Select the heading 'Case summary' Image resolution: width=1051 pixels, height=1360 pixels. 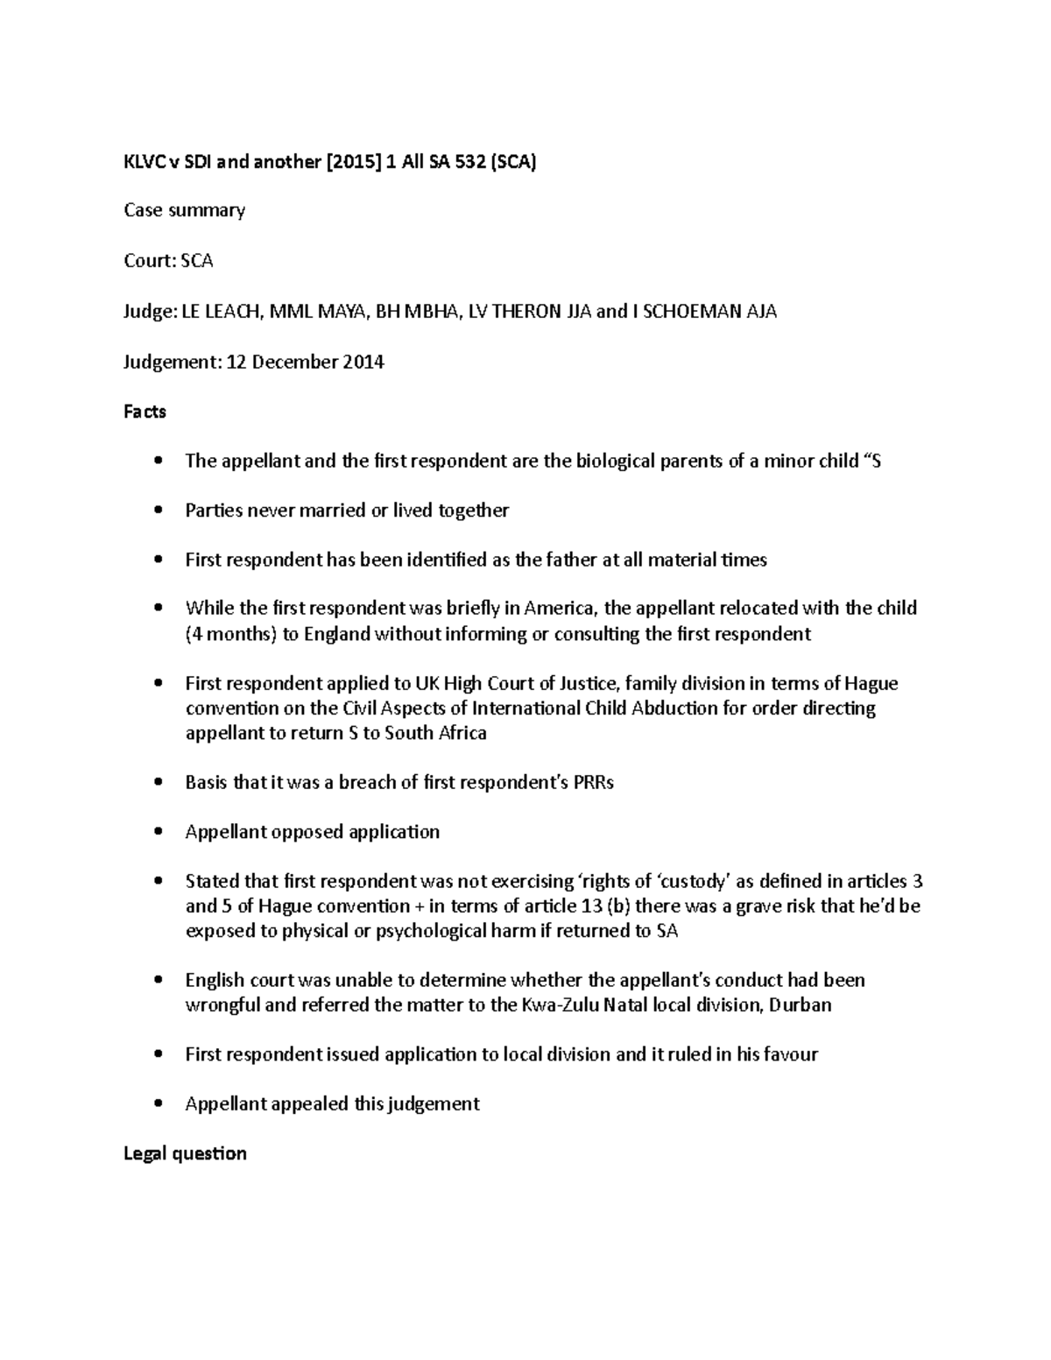(184, 211)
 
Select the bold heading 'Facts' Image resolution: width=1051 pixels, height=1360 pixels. (145, 412)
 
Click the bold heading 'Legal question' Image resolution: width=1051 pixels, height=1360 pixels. (185, 1153)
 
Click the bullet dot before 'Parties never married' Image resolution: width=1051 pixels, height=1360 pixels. (158, 511)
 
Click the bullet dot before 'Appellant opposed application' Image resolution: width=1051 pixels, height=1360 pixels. (158, 832)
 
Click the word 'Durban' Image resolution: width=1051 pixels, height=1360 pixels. (800, 1004)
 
